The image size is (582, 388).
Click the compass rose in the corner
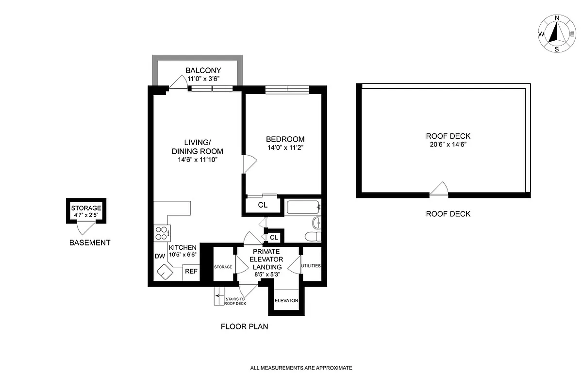pyautogui.click(x=556, y=34)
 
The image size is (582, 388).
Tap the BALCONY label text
pyautogui.click(x=203, y=70)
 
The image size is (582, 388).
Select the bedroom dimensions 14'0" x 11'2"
pyautogui.click(x=285, y=147)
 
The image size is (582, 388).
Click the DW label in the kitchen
pyautogui.click(x=159, y=256)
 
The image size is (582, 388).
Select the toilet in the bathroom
pyautogui.click(x=312, y=237)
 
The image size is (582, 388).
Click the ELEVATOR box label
pyautogui.click(x=286, y=301)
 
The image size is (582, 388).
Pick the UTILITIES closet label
pyautogui.click(x=311, y=266)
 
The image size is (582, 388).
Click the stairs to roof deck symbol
pyautogui.click(x=218, y=297)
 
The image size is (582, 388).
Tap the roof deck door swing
pyautogui.click(x=440, y=189)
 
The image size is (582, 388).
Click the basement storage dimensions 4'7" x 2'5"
pyautogui.click(x=87, y=214)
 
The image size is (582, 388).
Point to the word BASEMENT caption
pyautogui.click(x=90, y=242)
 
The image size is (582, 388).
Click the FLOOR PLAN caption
pyautogui.click(x=244, y=326)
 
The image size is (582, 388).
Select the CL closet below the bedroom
pyautogui.click(x=262, y=205)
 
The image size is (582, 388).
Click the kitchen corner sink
pyautogui.click(x=164, y=273)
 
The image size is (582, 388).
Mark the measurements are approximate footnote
pyautogui.click(x=300, y=368)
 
